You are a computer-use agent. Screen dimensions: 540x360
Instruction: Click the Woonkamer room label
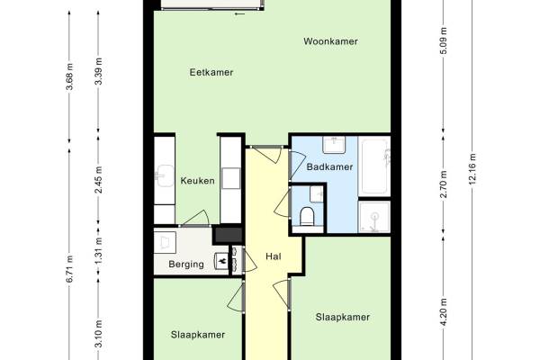(x=330, y=41)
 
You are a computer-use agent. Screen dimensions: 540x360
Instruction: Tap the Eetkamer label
(x=211, y=72)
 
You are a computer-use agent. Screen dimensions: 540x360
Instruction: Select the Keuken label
(x=198, y=181)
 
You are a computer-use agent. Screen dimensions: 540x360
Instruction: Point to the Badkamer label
(x=329, y=167)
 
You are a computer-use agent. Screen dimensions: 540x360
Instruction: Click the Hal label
(x=274, y=256)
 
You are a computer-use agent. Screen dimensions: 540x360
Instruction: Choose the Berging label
(x=186, y=265)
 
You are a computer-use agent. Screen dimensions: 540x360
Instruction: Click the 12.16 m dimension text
(x=472, y=169)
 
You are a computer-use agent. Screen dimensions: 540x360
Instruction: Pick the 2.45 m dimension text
(x=98, y=179)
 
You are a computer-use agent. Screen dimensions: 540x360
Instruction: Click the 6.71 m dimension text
(x=69, y=269)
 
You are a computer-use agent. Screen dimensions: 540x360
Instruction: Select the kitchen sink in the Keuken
(x=165, y=175)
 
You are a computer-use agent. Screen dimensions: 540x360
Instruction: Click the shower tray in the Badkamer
(x=374, y=217)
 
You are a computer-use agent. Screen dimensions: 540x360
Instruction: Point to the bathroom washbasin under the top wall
(x=334, y=145)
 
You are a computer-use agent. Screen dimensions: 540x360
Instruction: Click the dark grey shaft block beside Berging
(x=229, y=235)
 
